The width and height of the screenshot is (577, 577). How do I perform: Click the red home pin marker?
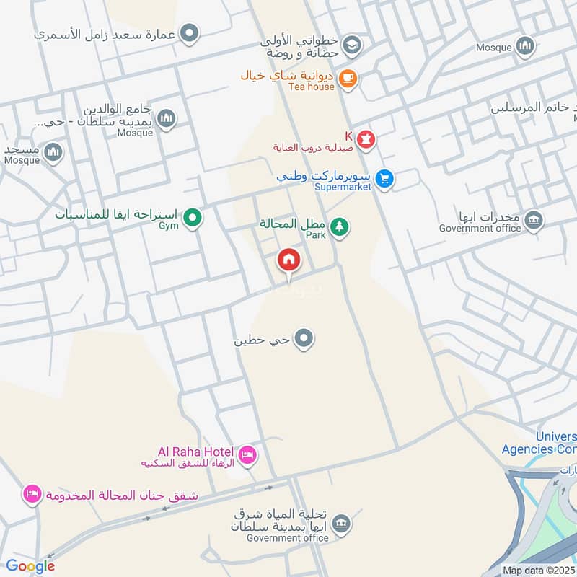289,259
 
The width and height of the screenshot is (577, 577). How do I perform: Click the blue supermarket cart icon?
384,178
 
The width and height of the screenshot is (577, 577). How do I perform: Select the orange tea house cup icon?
348,78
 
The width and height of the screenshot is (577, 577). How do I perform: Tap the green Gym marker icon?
192,217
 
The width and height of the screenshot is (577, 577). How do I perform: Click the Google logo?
30,566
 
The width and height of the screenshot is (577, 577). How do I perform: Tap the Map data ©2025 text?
539,570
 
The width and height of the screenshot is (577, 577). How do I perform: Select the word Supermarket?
343,187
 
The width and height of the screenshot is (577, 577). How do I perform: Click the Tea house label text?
311,87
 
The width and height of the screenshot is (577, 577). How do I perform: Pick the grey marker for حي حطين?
305,338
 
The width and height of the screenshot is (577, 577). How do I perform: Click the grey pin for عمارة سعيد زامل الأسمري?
190,32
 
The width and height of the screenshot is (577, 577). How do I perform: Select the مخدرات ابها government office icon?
533,220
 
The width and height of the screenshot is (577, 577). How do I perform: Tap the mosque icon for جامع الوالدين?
167,118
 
